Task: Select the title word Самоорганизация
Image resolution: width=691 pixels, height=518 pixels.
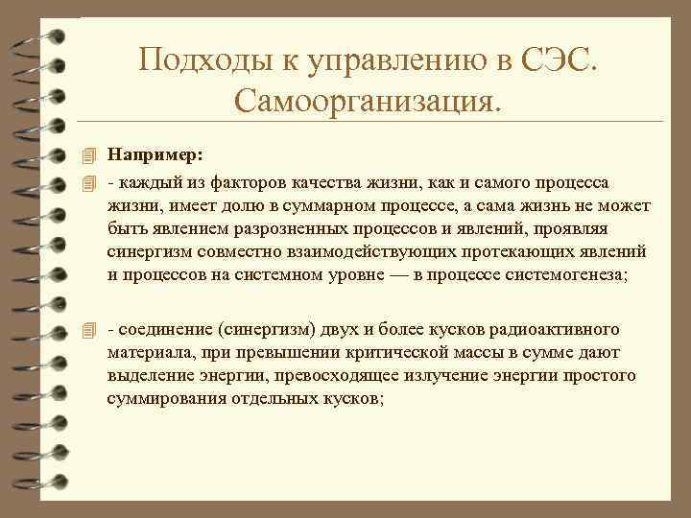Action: [366, 99]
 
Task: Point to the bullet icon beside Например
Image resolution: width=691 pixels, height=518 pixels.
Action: [89, 153]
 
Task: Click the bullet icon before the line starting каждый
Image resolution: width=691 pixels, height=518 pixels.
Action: [89, 182]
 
